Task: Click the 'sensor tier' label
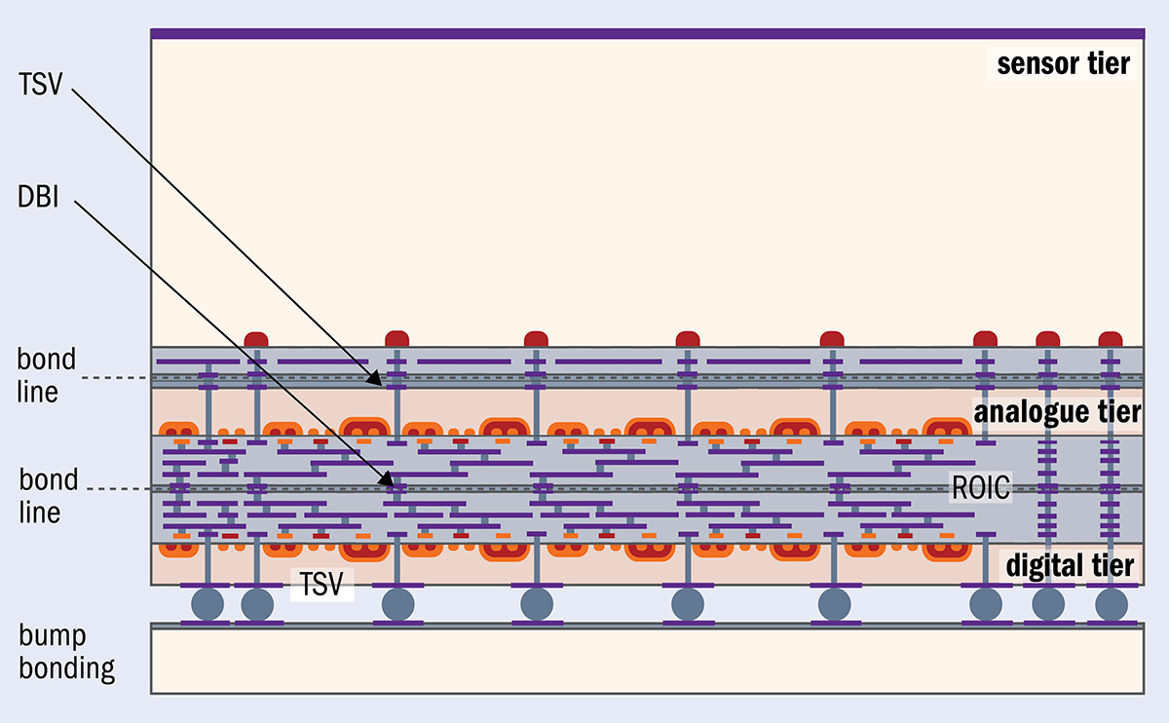pos(1062,64)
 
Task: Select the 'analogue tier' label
pos(1056,412)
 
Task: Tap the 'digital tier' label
pos(1069,565)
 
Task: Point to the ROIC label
pos(981,487)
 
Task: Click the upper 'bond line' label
pos(46,375)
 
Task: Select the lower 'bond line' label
pos(48,496)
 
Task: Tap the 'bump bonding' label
pos(66,653)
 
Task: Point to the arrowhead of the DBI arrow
pos(389,482)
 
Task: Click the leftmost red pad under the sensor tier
pos(256,339)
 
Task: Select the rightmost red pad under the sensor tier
pos(1111,339)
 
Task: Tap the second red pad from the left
pos(396,339)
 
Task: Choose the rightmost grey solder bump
pos(1112,603)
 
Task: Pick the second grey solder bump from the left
pos(257,603)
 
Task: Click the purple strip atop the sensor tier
pos(647,34)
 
